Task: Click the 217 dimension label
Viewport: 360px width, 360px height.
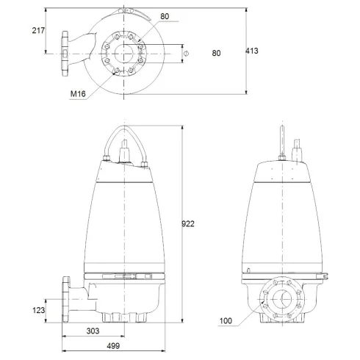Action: click(38, 30)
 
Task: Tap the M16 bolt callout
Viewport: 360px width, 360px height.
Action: click(78, 94)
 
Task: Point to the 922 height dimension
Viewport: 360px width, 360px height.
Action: click(190, 223)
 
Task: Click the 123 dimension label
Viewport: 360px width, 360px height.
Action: click(39, 311)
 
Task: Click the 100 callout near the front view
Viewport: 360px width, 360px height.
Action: click(226, 321)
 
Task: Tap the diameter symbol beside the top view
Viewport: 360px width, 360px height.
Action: click(186, 52)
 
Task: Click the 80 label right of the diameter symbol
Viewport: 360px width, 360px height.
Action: click(216, 52)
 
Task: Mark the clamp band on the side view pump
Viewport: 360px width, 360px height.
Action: click(126, 276)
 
